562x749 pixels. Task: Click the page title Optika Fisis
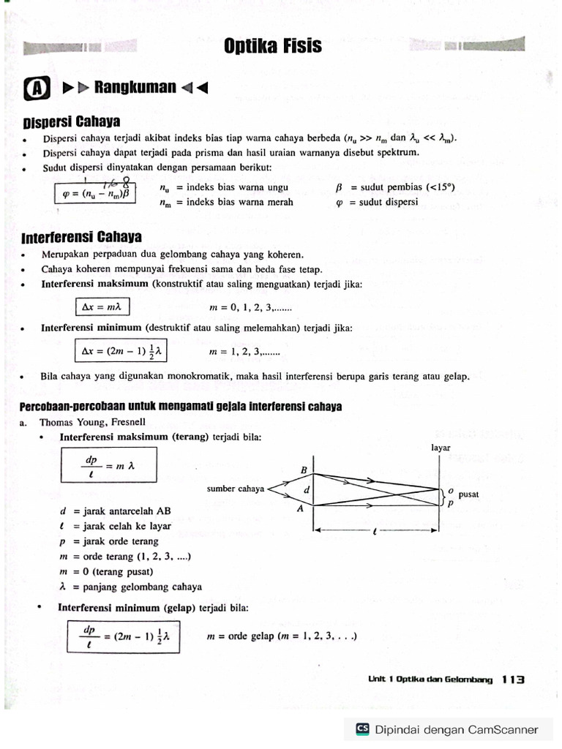pyautogui.click(x=272, y=46)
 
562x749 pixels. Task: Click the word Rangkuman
pyautogui.click(x=135, y=88)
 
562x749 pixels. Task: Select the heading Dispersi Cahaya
pyautogui.click(x=71, y=121)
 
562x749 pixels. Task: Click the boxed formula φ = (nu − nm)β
pyautogui.click(x=94, y=194)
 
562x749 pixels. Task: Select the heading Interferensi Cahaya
pyautogui.click(x=81, y=238)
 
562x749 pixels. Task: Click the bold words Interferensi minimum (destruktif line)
pyautogui.click(x=91, y=328)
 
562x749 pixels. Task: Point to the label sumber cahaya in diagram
pyautogui.click(x=235, y=489)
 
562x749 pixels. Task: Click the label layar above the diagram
pyautogui.click(x=441, y=447)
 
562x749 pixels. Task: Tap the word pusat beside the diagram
pyautogui.click(x=468, y=494)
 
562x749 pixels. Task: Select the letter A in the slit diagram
pyautogui.click(x=300, y=510)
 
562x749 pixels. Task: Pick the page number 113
pyautogui.click(x=514, y=680)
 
